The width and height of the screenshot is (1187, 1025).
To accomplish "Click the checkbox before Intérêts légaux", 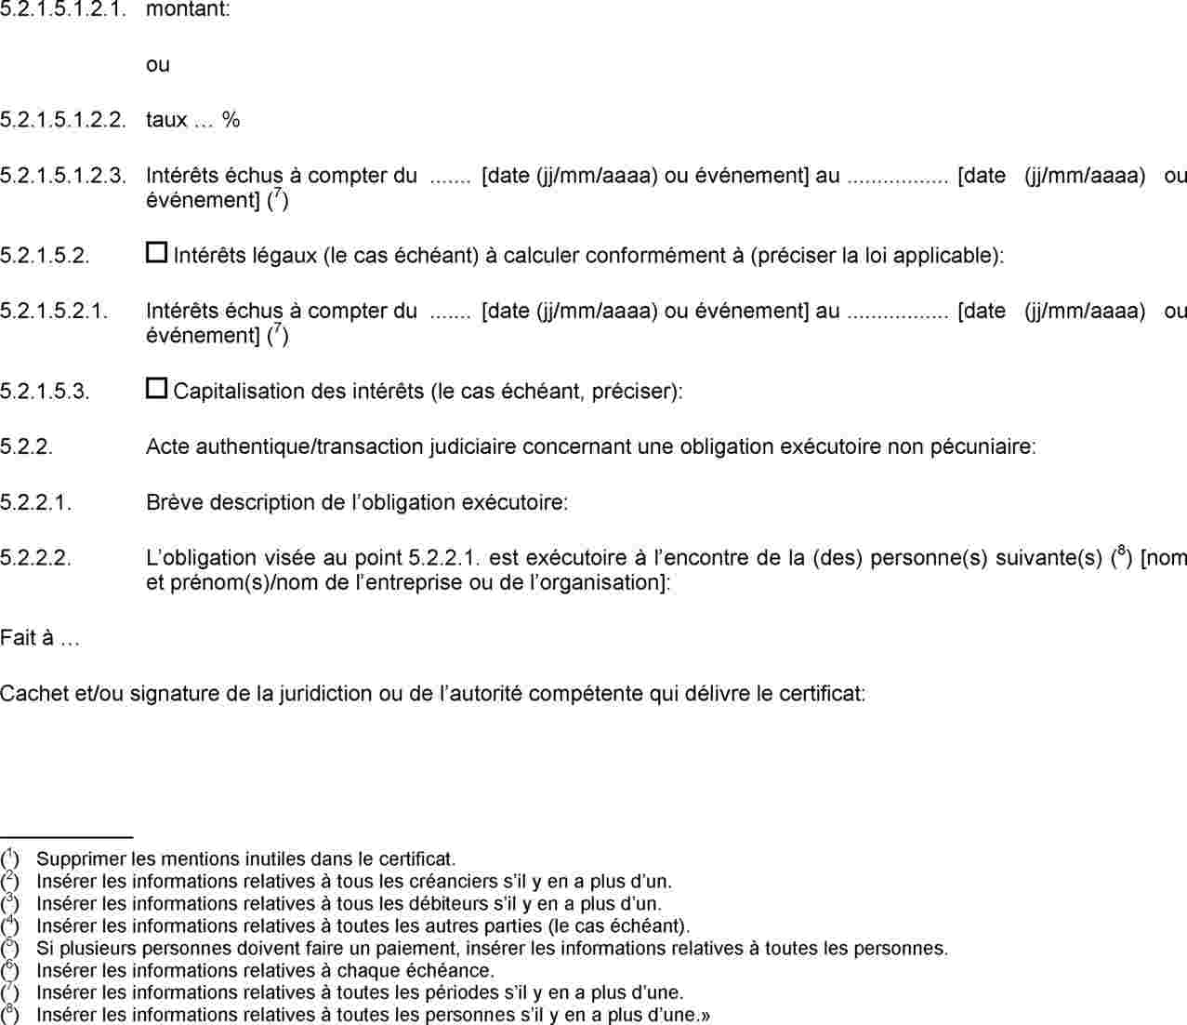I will click(156, 252).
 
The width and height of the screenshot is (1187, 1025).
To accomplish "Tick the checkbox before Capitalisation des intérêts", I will click(156, 388).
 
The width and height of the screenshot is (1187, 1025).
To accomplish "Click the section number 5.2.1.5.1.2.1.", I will click(62, 11).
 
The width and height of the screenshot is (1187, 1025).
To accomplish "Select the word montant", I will click(188, 11).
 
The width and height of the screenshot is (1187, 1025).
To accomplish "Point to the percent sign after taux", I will click(231, 120).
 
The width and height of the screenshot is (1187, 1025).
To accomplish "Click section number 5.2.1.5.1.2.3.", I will click(62, 175).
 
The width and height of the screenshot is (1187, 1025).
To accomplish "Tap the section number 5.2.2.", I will click(26, 446).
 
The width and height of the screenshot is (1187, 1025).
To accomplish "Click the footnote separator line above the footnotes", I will click(67, 837).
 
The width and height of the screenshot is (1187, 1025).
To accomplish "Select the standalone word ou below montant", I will click(158, 65).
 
